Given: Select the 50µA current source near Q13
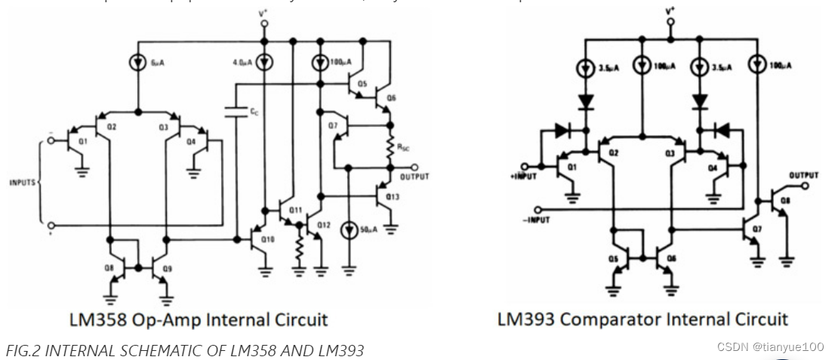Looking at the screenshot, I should click(347, 229).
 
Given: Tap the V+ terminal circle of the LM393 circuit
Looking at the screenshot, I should click(670, 23).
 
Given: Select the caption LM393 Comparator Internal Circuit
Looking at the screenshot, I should click(642, 319).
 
